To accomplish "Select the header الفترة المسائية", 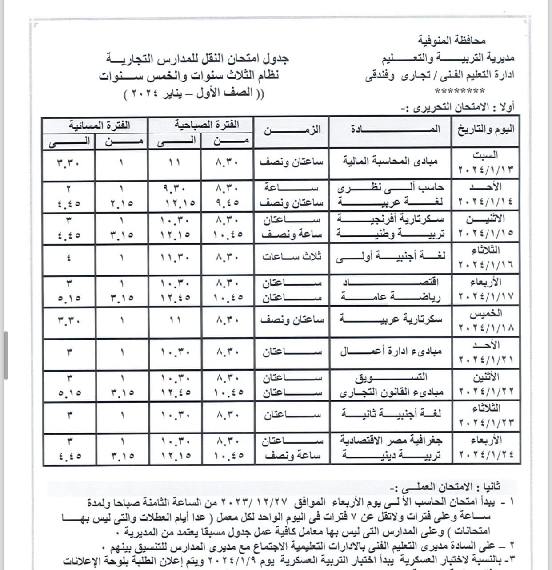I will [x=99, y=125].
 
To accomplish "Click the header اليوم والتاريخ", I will [x=486, y=129].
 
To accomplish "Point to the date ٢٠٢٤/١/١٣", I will [x=486, y=170].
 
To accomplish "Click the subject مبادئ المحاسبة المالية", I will [x=390, y=161].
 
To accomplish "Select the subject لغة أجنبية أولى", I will [x=390, y=256].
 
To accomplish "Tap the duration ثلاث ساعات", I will [x=292, y=256].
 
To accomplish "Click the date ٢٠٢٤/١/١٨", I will [x=486, y=328].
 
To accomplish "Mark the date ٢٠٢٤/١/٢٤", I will [x=486, y=455].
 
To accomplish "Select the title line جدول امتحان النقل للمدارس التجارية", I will [x=197, y=58].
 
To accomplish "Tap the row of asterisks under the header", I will [x=460, y=92].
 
